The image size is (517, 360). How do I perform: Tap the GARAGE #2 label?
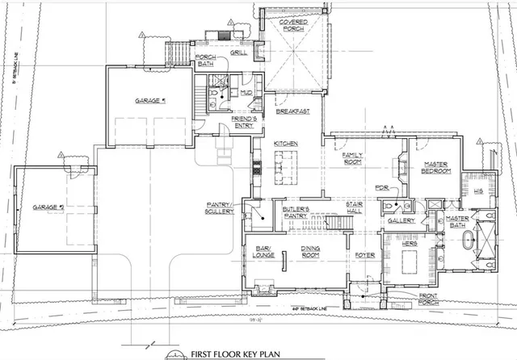coord(48,207)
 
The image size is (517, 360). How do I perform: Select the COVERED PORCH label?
coord(292,29)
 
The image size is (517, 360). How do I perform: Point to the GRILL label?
coord(239,52)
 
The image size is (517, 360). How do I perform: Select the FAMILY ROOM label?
coord(354,157)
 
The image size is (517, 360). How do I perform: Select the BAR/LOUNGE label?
coord(263,252)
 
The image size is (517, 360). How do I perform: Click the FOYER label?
coord(364,255)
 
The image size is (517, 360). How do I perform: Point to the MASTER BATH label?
coord(458,221)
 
